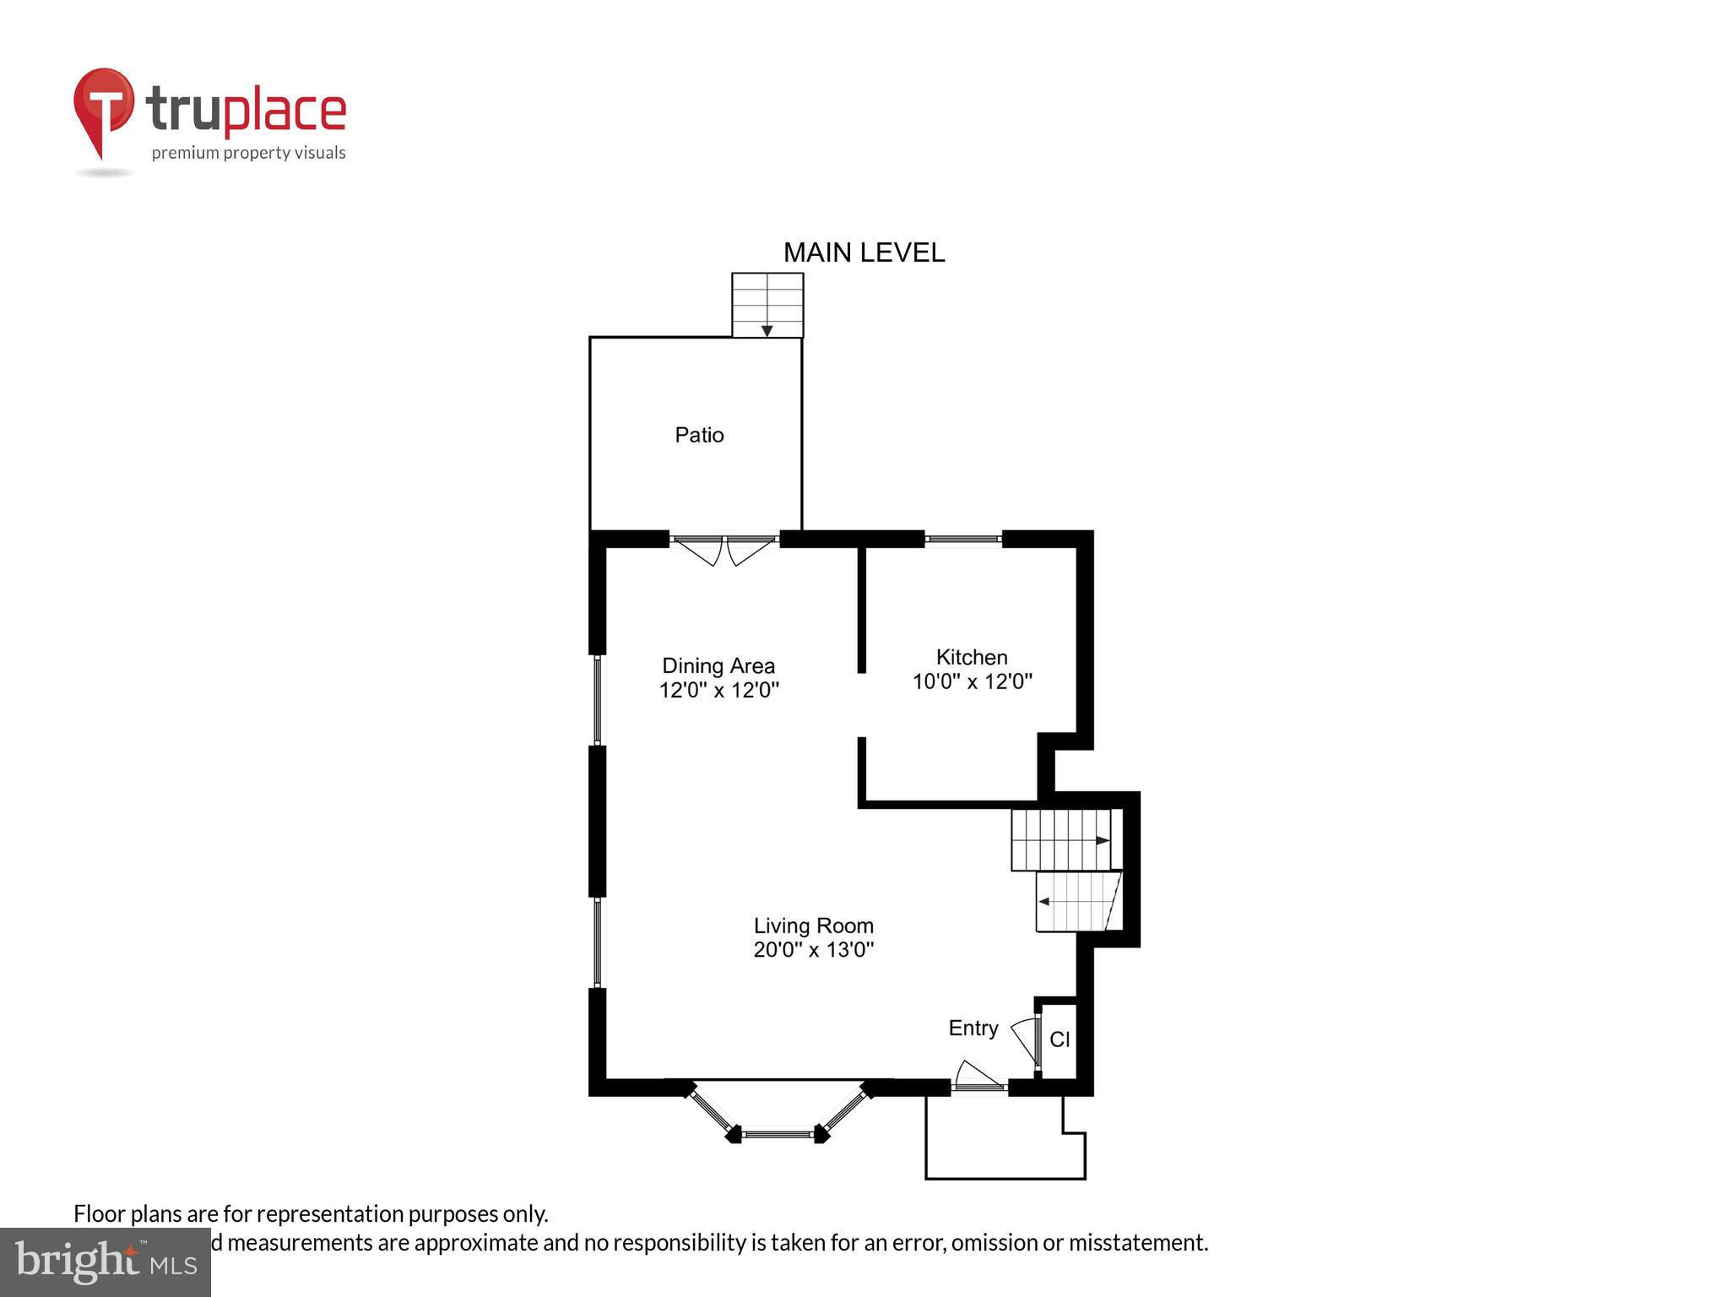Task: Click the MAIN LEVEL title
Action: (864, 252)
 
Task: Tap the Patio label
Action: (699, 435)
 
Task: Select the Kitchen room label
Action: (972, 657)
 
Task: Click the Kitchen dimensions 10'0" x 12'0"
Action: (973, 681)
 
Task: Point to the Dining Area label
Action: (718, 665)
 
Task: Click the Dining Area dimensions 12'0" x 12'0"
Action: (718, 690)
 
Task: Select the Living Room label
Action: (813, 925)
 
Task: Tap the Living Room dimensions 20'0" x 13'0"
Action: (813, 950)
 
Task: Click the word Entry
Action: (973, 1028)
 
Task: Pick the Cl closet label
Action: (1060, 1039)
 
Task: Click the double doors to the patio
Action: (724, 548)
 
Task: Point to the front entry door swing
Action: (977, 1077)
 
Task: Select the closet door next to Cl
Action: (1027, 1039)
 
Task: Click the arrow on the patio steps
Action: (767, 330)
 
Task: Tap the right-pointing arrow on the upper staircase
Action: (1103, 840)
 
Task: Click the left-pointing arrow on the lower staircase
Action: (1044, 902)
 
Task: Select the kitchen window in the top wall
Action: (963, 539)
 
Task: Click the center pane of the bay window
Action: (778, 1134)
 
